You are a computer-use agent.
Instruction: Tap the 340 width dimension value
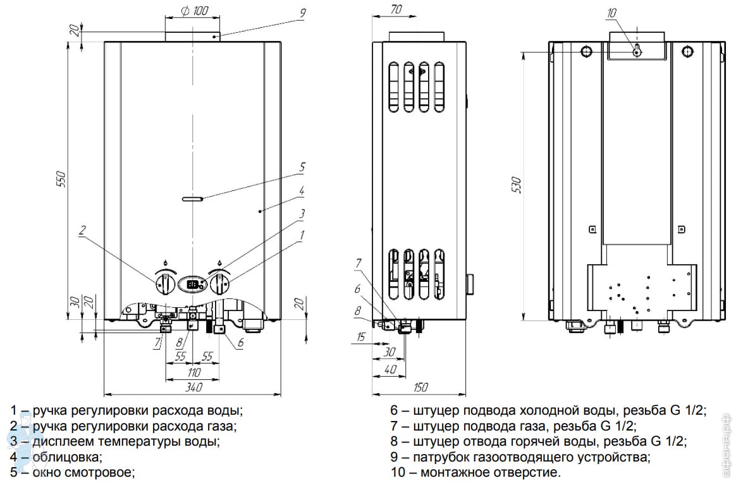192,387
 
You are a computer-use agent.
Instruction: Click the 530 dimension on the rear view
517,184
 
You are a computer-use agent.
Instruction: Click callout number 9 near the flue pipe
302,11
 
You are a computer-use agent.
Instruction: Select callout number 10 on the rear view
610,13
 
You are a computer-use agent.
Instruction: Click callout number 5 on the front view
302,168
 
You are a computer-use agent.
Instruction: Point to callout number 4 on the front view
302,190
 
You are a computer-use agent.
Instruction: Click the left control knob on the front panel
164,284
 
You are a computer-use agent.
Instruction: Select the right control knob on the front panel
219,284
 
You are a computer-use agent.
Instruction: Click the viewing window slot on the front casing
192,199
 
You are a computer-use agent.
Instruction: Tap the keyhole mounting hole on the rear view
637,51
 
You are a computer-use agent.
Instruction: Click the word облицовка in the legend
66,456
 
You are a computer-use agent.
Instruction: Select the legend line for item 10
475,472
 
